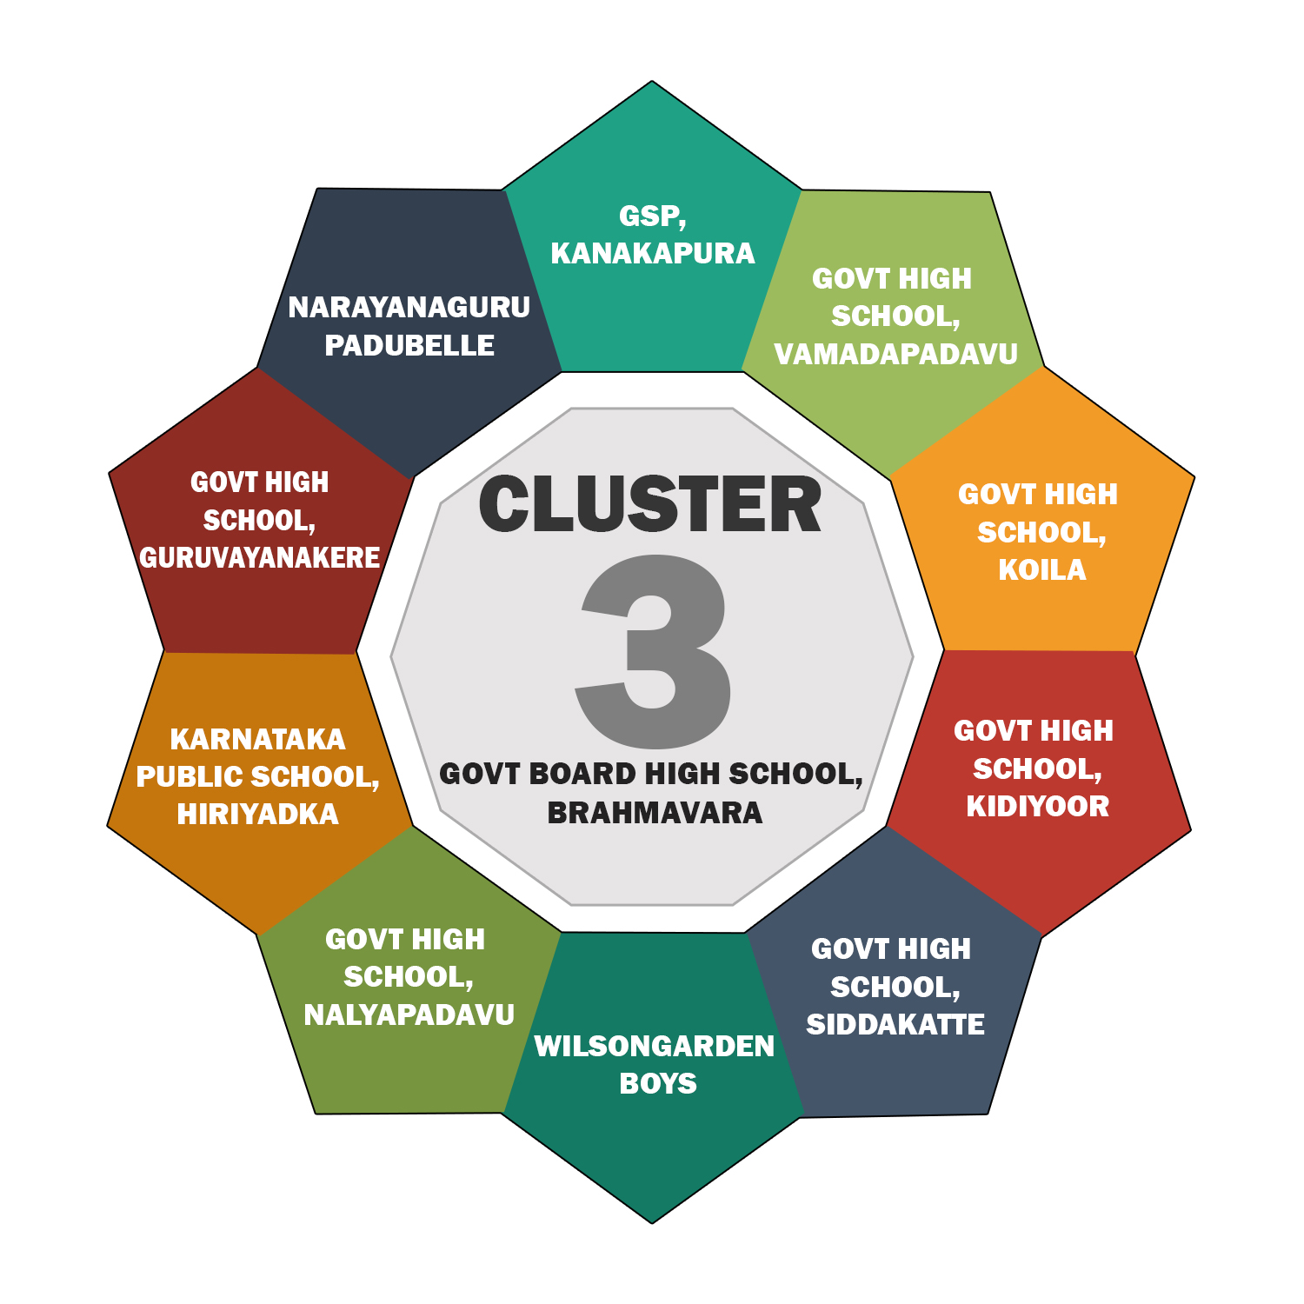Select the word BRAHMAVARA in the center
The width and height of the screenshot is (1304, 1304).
(x=655, y=813)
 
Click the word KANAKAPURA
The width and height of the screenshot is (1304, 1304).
(x=653, y=253)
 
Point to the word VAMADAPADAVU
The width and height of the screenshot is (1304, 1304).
(x=895, y=354)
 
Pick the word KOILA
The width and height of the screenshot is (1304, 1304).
(x=1041, y=570)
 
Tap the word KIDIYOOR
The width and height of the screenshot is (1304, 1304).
(x=1037, y=807)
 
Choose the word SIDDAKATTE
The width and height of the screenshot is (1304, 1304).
(x=895, y=1025)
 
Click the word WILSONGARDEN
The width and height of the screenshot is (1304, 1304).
(x=654, y=1046)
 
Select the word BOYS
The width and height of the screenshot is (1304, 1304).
(x=658, y=1084)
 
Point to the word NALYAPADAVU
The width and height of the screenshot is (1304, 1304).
(x=409, y=1015)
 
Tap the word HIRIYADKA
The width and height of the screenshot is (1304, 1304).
(x=257, y=815)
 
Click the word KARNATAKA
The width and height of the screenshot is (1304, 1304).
(x=257, y=739)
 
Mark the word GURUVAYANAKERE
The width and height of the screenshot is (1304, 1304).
(x=259, y=558)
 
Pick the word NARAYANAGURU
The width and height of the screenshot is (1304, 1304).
(x=409, y=307)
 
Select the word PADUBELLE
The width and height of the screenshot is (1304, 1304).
(x=409, y=345)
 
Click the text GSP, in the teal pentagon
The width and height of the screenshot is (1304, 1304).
(x=652, y=216)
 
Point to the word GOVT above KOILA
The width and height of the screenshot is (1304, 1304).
(x=992, y=495)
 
